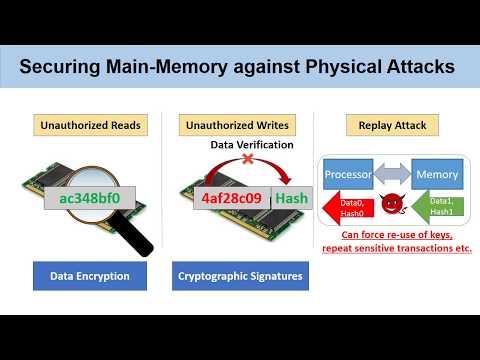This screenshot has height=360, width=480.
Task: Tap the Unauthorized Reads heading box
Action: click(89, 126)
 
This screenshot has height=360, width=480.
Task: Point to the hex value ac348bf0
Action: click(90, 198)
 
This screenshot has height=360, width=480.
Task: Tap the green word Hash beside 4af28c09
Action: click(291, 198)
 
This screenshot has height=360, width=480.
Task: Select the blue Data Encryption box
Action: click(89, 273)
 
